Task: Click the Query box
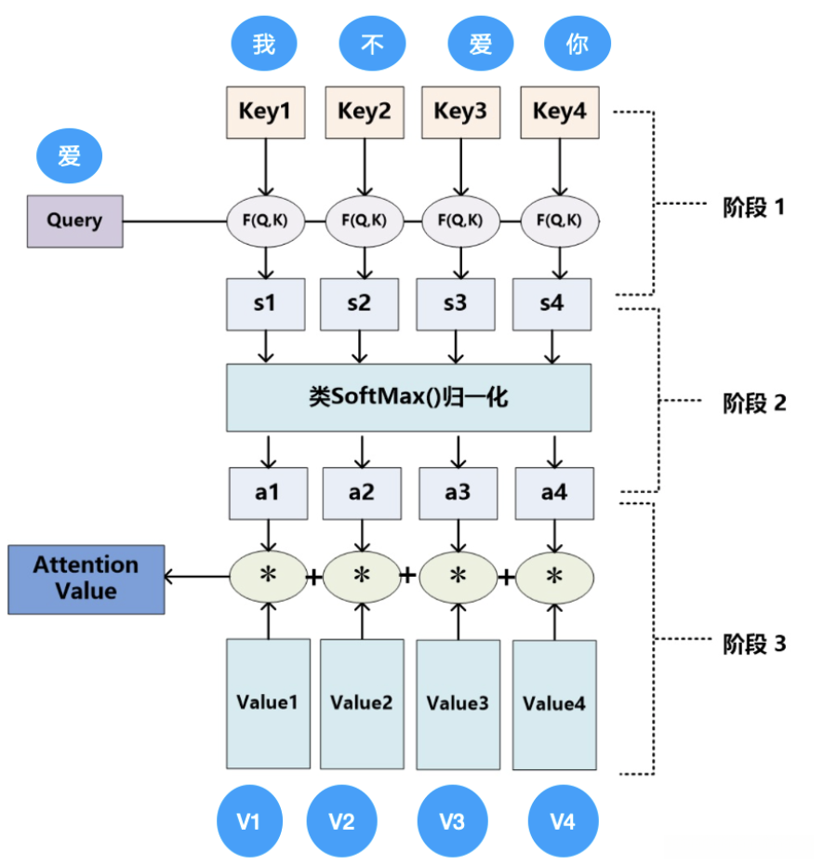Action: [74, 221]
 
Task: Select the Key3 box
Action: [460, 112]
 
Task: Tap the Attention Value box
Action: [86, 579]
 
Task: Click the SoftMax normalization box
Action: [408, 397]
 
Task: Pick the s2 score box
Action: [360, 304]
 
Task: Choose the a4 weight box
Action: [553, 493]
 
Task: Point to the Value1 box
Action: [268, 703]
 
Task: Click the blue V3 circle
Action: [452, 821]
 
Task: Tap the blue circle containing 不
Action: [373, 45]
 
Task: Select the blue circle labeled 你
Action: [577, 45]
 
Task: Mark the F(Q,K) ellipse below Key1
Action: [267, 221]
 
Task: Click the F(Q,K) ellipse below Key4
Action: [558, 221]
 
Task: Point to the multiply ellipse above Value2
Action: [362, 577]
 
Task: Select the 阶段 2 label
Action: [754, 403]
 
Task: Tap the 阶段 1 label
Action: [754, 207]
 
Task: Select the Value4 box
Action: [554, 704]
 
